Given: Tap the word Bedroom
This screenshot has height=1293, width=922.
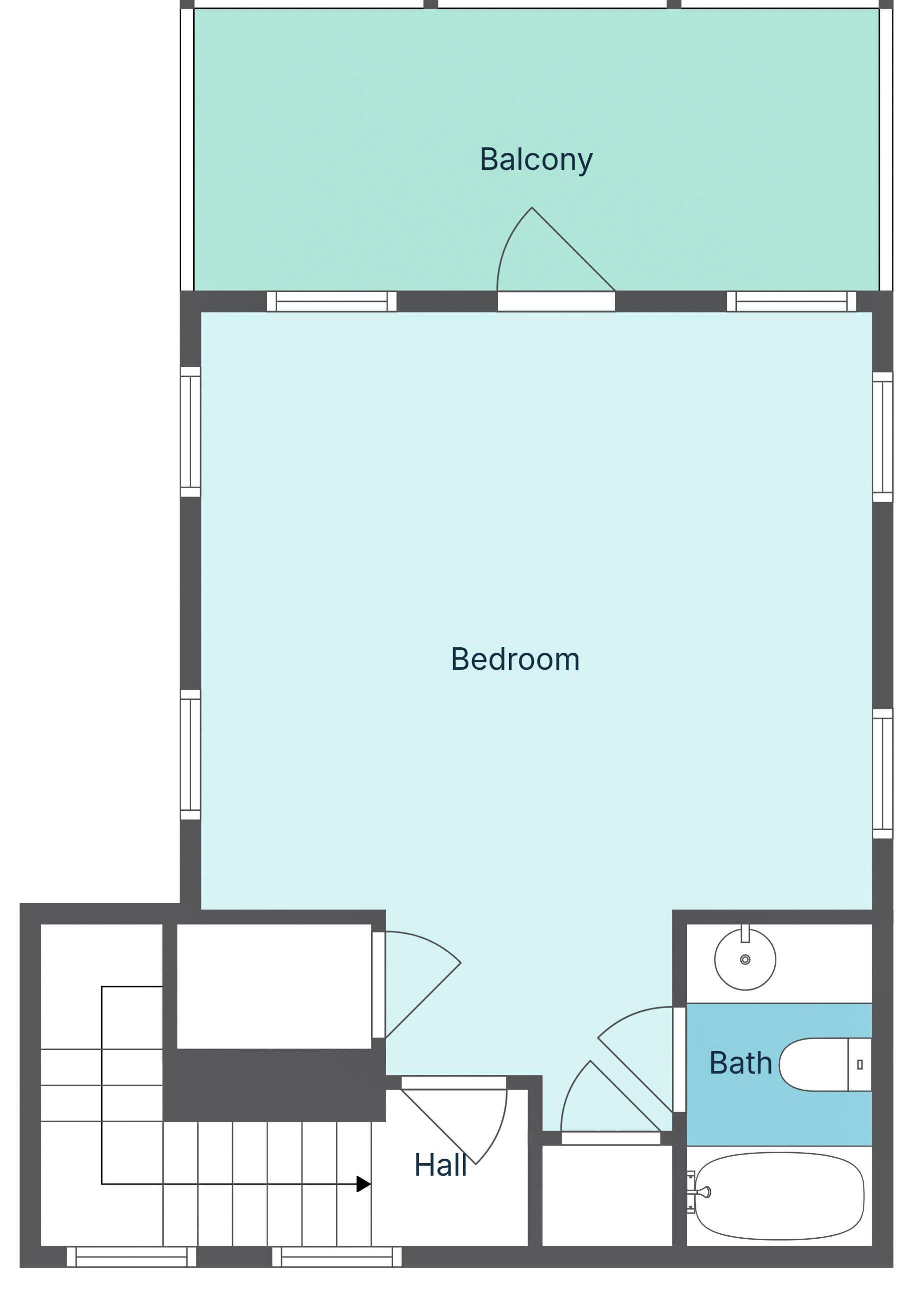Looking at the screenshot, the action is [x=515, y=660].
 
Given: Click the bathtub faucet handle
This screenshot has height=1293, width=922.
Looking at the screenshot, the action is [x=704, y=1192].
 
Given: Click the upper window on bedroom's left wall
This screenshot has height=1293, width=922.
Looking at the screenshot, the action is [x=191, y=432].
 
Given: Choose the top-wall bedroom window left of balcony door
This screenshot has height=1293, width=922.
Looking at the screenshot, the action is [x=331, y=301].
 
